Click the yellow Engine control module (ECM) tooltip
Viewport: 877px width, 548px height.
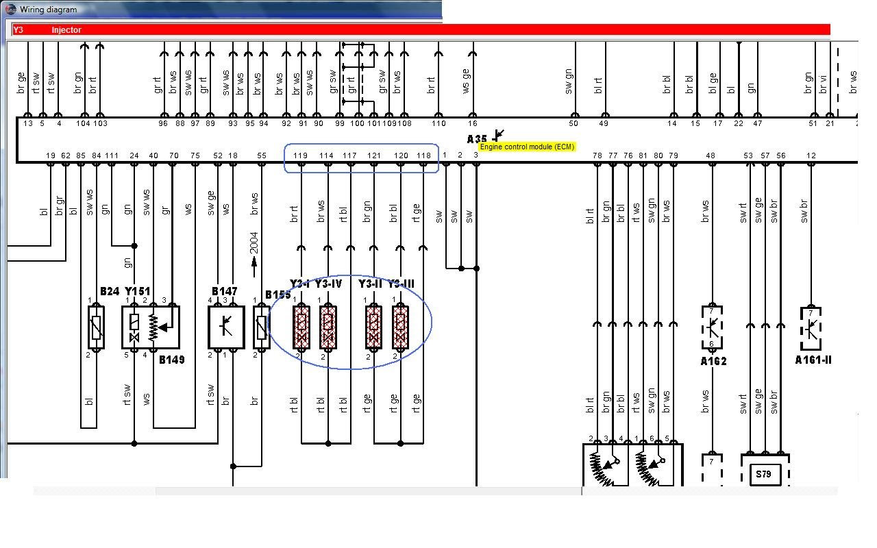coord(527,147)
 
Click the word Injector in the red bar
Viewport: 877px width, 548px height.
coord(66,30)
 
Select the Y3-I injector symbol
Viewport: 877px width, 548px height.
coord(301,327)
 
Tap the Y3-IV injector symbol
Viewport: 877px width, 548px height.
coord(328,327)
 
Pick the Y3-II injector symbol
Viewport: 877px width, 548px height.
coord(373,327)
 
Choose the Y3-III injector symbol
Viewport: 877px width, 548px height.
coord(400,327)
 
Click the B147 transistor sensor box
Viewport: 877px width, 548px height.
coord(226,326)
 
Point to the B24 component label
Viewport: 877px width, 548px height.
coord(110,292)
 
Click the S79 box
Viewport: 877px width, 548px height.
coord(765,473)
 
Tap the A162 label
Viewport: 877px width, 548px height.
coord(713,362)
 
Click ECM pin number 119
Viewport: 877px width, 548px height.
coord(300,155)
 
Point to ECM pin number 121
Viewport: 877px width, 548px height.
coord(373,155)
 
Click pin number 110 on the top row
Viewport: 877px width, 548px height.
coord(438,123)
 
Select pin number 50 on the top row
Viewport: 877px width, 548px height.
coord(573,123)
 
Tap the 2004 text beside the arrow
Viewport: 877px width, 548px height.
coord(254,242)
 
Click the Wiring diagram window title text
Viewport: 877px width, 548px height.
coord(48,10)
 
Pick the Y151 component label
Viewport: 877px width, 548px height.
coord(137,292)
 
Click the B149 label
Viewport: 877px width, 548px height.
coord(171,360)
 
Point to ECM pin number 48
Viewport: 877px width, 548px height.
coord(711,155)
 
